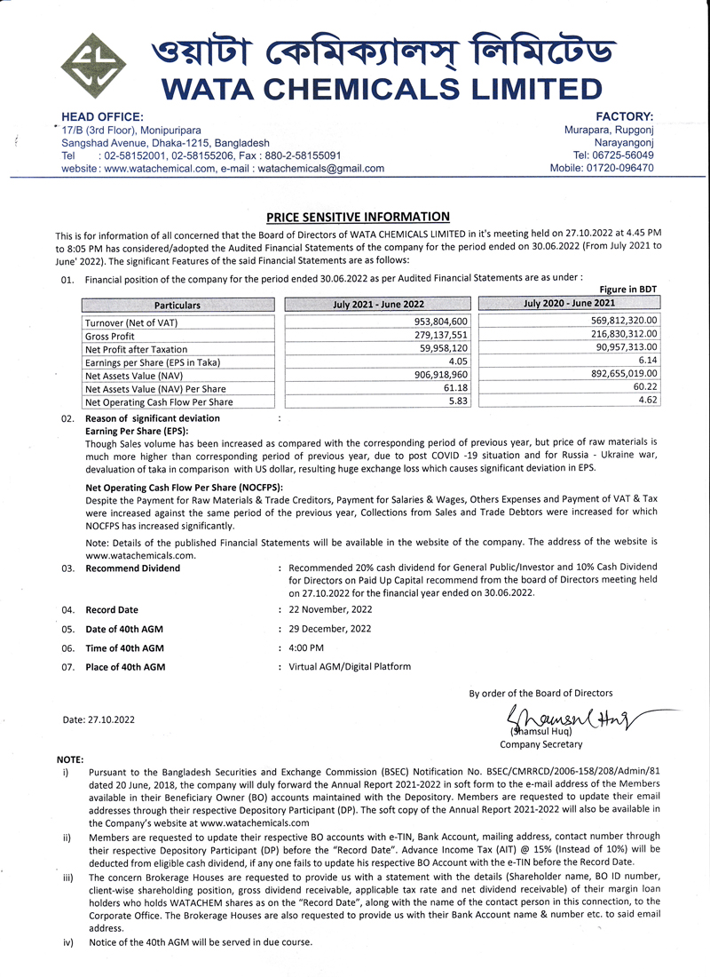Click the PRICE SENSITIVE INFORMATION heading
click(358, 217)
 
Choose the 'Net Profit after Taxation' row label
click(136, 349)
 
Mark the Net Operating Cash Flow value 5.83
click(457, 401)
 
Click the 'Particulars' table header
click(177, 306)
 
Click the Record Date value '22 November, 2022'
click(330, 609)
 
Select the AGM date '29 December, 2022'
click(330, 629)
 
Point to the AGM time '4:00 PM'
click(306, 647)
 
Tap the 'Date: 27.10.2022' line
click(99, 719)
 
